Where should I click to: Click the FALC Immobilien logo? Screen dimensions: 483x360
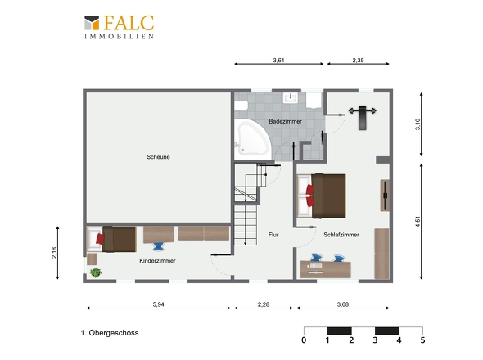(120, 27)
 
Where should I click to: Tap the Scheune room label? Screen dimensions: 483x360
(158, 157)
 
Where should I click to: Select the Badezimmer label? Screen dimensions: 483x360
(285, 121)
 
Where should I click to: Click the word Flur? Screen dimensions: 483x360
(273, 235)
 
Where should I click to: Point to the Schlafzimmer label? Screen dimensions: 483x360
(341, 235)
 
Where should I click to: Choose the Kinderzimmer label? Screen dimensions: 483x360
(157, 260)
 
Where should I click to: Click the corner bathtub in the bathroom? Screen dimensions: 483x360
(252, 138)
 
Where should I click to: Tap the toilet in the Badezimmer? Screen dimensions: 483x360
(241, 106)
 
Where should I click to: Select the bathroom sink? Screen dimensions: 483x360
(290, 97)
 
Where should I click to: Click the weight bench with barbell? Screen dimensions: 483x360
(362, 117)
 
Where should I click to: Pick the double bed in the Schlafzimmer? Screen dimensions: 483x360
(321, 196)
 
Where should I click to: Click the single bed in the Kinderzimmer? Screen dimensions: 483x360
(112, 239)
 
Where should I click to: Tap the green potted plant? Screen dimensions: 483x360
(96, 272)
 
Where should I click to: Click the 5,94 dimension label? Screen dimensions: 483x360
(158, 304)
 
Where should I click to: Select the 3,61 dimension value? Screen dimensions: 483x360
(278, 60)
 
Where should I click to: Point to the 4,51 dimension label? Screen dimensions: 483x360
(418, 222)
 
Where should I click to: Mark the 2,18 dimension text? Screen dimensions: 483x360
(54, 253)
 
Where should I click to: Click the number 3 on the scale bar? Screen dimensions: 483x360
(375, 340)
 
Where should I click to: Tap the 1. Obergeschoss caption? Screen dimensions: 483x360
(110, 333)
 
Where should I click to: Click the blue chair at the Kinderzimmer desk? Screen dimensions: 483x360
(159, 246)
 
